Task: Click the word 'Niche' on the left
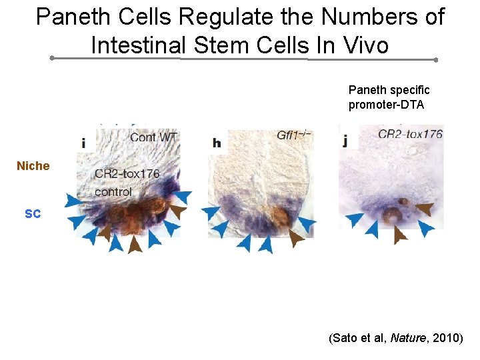pyautogui.click(x=33, y=166)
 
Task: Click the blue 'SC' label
pyautogui.click(x=33, y=213)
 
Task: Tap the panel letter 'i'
pyautogui.click(x=83, y=142)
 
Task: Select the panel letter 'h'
pyautogui.click(x=216, y=143)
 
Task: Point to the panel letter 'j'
pyautogui.click(x=345, y=141)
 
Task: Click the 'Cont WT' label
pyautogui.click(x=153, y=137)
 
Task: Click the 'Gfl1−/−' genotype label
pyautogui.click(x=294, y=136)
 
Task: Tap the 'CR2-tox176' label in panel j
pyautogui.click(x=409, y=134)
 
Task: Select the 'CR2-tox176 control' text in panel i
pyautogui.click(x=127, y=182)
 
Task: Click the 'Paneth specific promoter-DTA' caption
pyautogui.click(x=389, y=97)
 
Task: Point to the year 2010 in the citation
pyautogui.click(x=444, y=339)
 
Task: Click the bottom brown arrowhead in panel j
pyautogui.click(x=400, y=235)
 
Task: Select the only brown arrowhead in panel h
pyautogui.click(x=296, y=238)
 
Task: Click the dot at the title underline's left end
pyautogui.click(x=52, y=58)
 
